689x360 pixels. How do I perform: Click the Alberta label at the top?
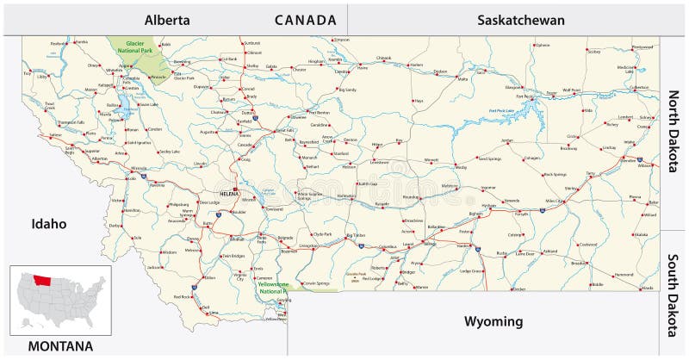pyautogui.click(x=167, y=19)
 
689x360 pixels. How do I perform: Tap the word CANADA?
pyautogui.click(x=306, y=19)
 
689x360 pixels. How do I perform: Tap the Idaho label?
pyautogui.click(x=49, y=223)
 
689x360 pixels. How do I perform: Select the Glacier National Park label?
pyautogui.click(x=133, y=47)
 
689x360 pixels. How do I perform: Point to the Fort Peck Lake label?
pyautogui.click(x=501, y=110)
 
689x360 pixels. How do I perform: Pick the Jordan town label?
pyautogui.click(x=507, y=140)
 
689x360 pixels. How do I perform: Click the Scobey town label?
pyautogui.click(x=594, y=53)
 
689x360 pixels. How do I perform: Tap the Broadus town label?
pyautogui.click(x=579, y=264)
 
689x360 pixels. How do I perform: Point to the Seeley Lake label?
pyautogui.click(x=169, y=152)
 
